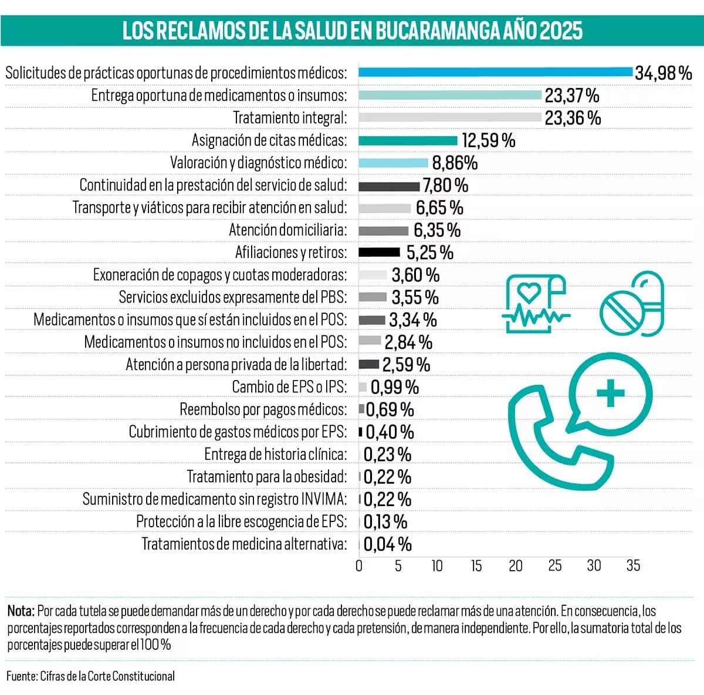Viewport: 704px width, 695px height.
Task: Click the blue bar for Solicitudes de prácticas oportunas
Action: coord(496,72)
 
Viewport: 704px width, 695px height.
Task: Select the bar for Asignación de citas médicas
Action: coord(408,140)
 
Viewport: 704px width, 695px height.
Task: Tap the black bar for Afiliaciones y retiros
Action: coord(379,252)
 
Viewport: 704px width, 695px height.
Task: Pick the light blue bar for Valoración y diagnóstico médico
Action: coord(393,163)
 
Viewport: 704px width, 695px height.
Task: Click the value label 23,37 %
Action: coord(571,95)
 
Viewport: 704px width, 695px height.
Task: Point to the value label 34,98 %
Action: coord(663,73)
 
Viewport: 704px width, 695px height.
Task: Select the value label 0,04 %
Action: coord(387,544)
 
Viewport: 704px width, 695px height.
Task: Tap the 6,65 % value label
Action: coord(439,208)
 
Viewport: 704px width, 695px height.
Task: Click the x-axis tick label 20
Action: coord(515,566)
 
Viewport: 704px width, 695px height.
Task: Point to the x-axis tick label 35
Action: coord(633,566)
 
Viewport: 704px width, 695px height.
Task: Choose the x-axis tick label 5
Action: coord(398,566)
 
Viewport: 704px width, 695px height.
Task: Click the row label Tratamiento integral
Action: coord(290,118)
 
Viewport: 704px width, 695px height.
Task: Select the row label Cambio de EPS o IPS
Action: coord(289,387)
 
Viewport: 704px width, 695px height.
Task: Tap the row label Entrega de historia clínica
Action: coord(275,454)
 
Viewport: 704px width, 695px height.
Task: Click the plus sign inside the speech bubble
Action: coord(610,392)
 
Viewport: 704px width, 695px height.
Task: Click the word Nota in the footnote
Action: coord(21,611)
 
